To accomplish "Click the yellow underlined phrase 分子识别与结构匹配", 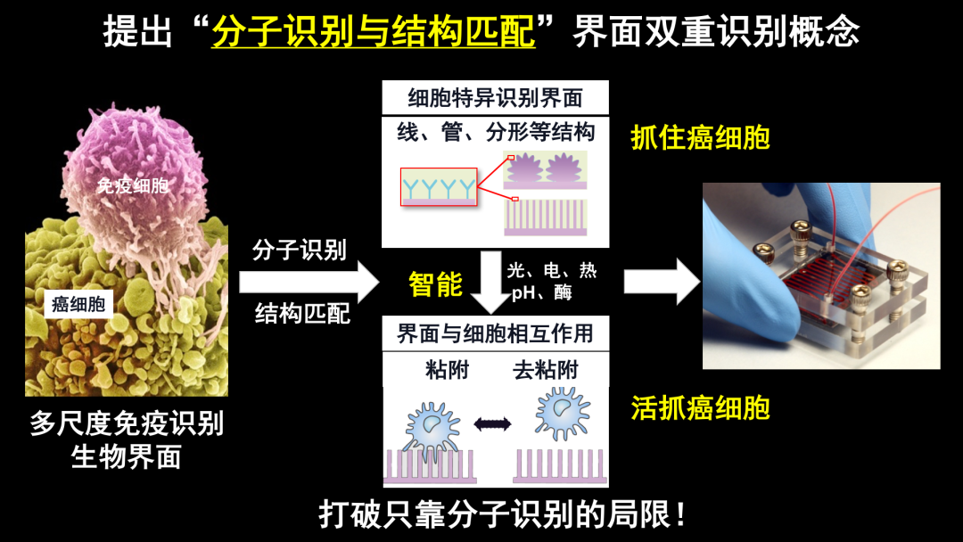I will [374, 32].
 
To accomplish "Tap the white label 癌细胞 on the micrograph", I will [78, 305].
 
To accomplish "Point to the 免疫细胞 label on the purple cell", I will [133, 186].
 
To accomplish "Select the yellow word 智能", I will [435, 284].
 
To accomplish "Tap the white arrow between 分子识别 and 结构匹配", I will [309, 282].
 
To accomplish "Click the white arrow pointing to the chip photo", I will [661, 282].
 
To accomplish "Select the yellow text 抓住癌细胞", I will [700, 137].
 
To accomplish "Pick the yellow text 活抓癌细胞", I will [700, 408].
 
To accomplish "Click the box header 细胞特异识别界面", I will [495, 98].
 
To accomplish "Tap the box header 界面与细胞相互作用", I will [495, 334].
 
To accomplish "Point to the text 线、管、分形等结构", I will [495, 133].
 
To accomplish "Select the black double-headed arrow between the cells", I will [496, 425].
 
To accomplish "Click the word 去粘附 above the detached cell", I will [546, 369].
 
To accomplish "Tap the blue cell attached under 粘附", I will [432, 427].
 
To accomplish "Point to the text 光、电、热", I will [552, 270].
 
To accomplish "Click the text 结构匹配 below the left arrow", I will [302, 313].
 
